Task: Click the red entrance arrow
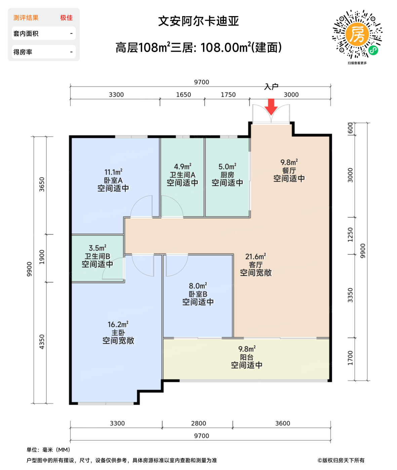pyautogui.click(x=271, y=107)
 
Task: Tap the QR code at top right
pyautogui.click(x=357, y=34)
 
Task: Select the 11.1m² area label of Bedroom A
pyautogui.click(x=113, y=172)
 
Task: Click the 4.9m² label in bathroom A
pyautogui.click(x=183, y=167)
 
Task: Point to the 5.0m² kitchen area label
pyautogui.click(x=227, y=167)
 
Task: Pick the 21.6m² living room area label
pyautogui.click(x=255, y=257)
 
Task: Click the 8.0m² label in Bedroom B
pyautogui.click(x=198, y=286)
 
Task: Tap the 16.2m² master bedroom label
pyautogui.click(x=118, y=325)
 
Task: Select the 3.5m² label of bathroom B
pyautogui.click(x=97, y=248)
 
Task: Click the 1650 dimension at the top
pyautogui.click(x=184, y=95)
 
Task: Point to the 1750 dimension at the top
pyautogui.click(x=228, y=95)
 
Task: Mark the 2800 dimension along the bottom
pyautogui.click(x=198, y=423)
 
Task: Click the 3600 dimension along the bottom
pyautogui.click(x=282, y=423)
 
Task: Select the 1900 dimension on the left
pyautogui.click(x=42, y=257)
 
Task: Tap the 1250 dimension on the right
pyautogui.click(x=350, y=235)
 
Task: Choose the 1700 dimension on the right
pyautogui.click(x=350, y=358)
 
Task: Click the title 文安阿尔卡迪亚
pyautogui.click(x=198, y=21)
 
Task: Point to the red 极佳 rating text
pyautogui.click(x=66, y=18)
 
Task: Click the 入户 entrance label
pyautogui.click(x=271, y=87)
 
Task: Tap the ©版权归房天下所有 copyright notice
pyautogui.click(x=341, y=460)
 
